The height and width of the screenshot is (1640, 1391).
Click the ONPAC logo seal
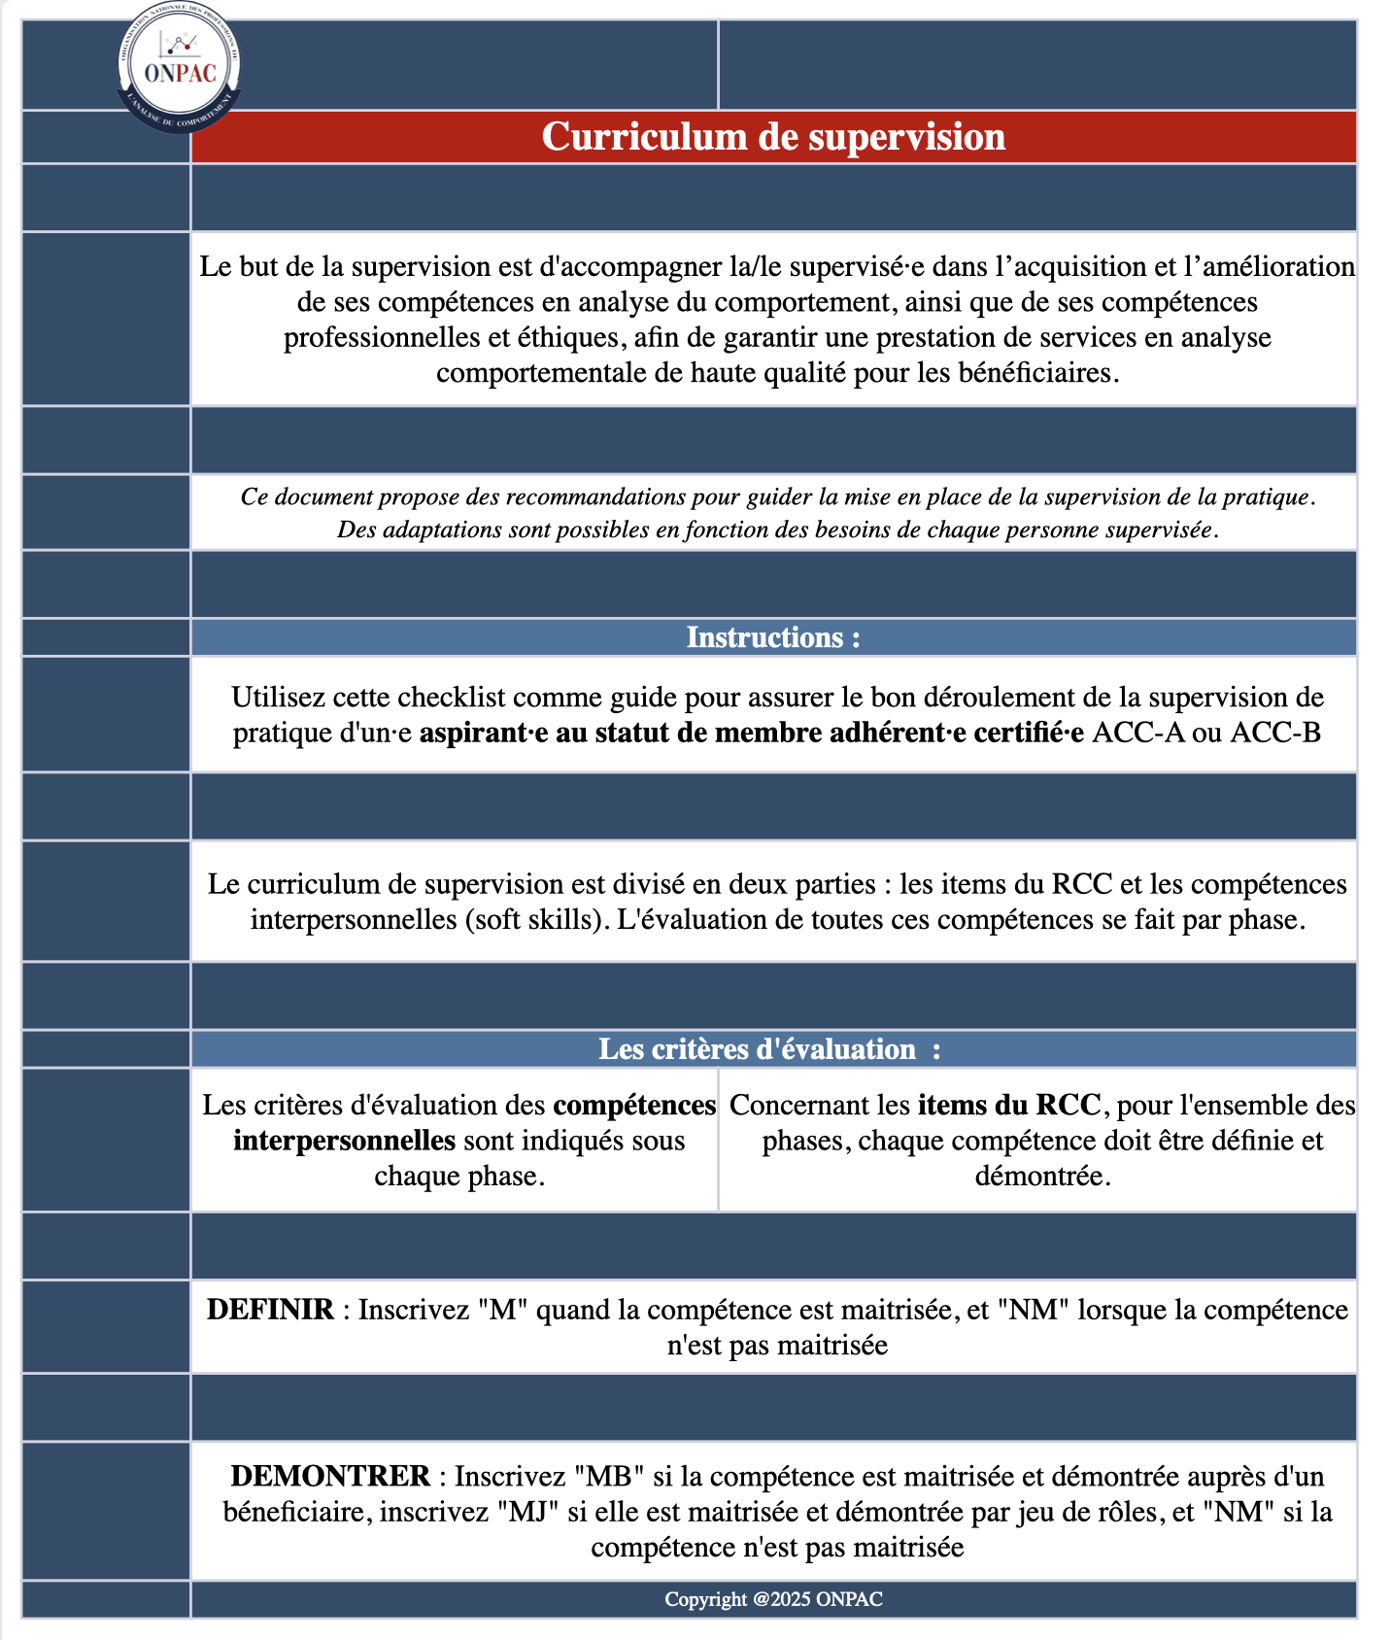(180, 67)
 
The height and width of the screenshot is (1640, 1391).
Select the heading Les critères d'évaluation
(758, 1049)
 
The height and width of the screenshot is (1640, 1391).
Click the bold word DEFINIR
(270, 1310)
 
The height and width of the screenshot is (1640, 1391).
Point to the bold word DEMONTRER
(330, 1477)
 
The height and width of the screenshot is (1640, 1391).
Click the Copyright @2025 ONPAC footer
(773, 1599)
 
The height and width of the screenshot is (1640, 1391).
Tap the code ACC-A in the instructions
(1138, 733)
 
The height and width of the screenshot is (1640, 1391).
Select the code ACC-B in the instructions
(1275, 733)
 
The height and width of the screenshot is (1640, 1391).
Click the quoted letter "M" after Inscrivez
(502, 1310)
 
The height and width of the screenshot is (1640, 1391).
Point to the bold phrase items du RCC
(1009, 1106)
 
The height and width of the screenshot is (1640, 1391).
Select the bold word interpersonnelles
(344, 1141)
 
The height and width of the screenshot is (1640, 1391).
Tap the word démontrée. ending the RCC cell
(1042, 1177)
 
